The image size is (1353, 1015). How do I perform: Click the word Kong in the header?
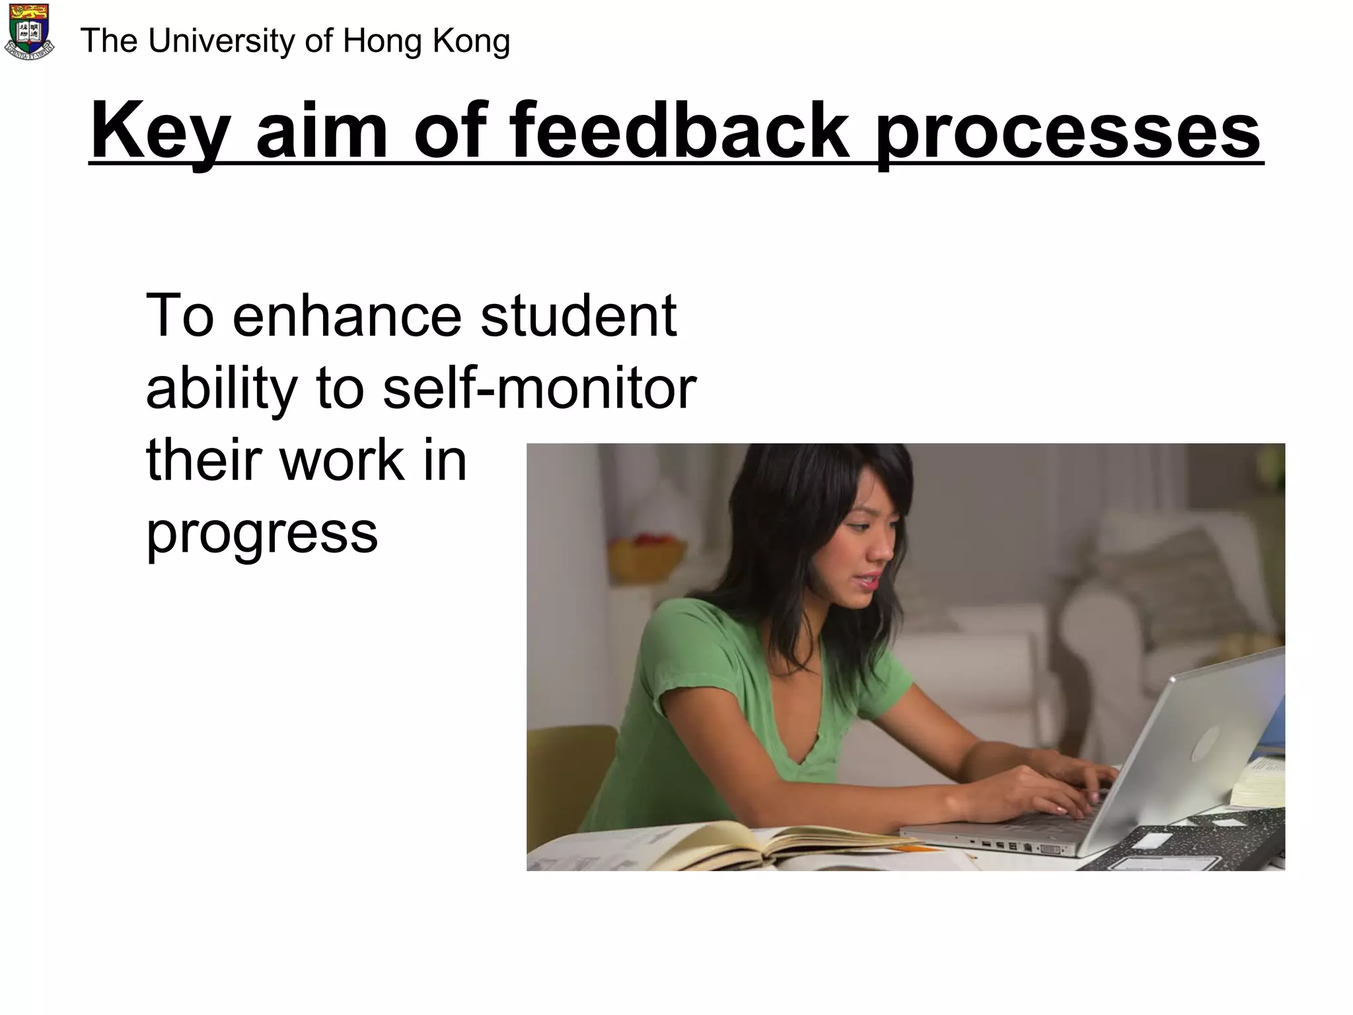(472, 41)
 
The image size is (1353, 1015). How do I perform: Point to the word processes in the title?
(1068, 132)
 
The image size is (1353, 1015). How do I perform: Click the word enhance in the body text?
(347, 316)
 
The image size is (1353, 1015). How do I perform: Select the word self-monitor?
(539, 388)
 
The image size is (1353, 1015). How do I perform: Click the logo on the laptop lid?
(1204, 743)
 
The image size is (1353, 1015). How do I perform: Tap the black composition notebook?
(1183, 843)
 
